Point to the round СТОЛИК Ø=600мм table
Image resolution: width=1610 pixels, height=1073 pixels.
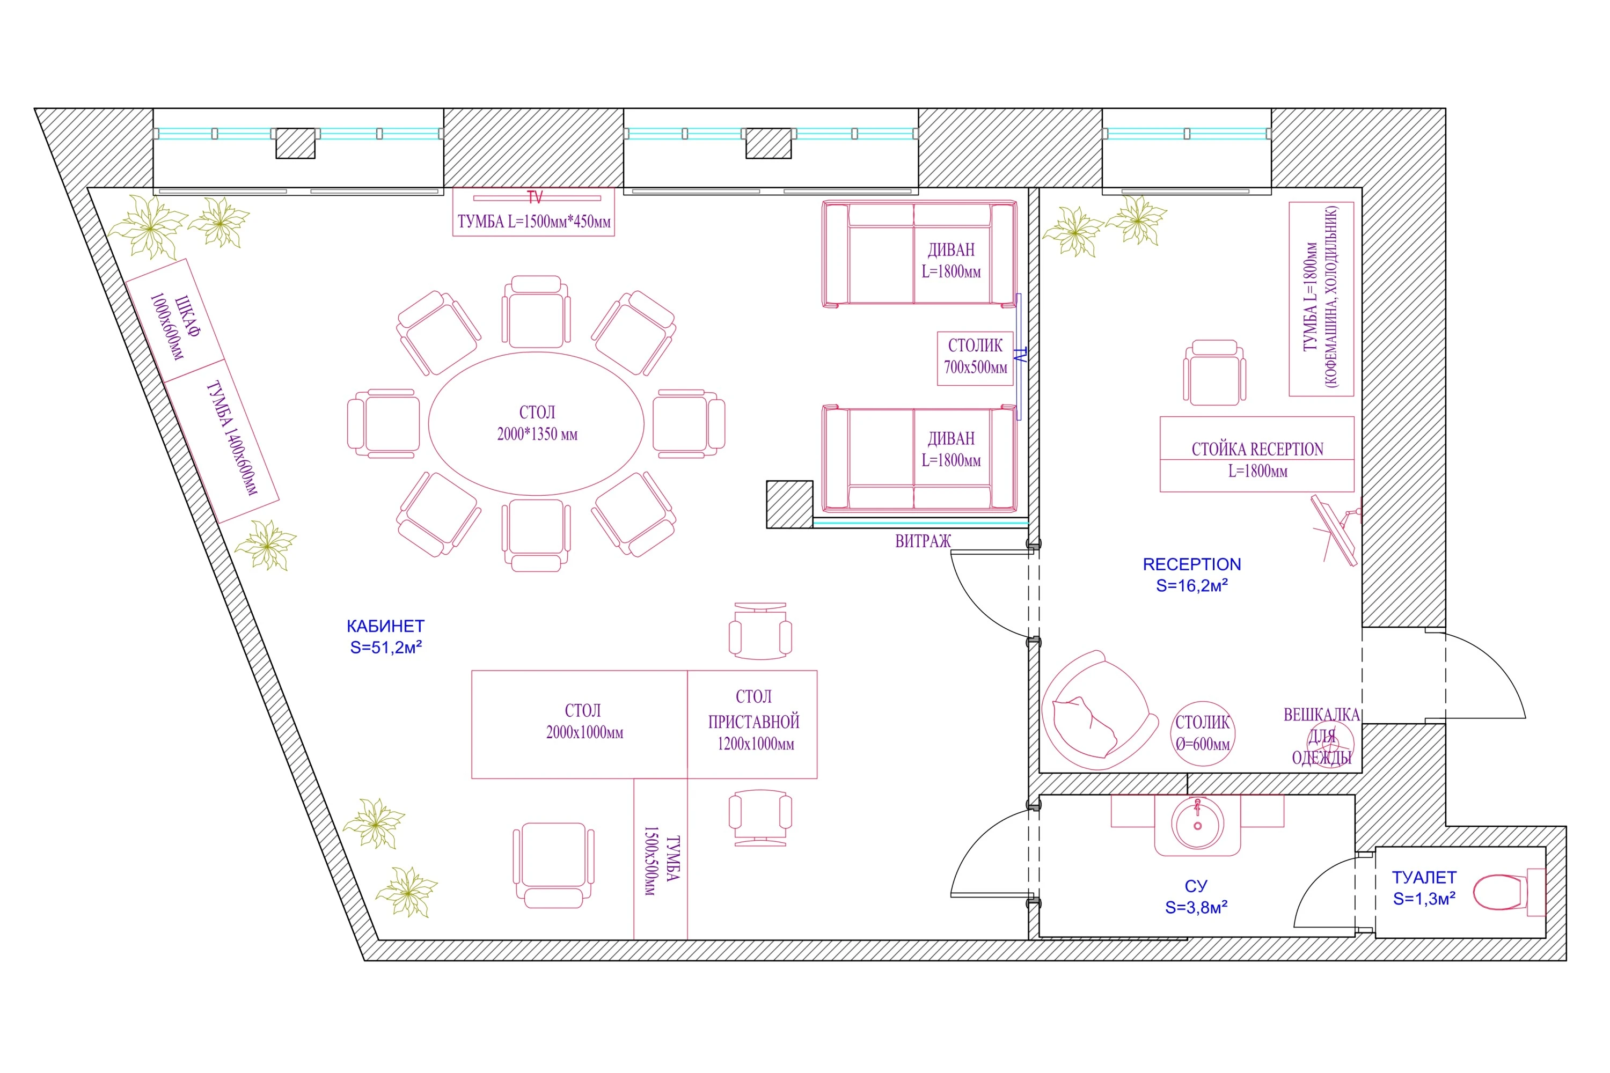pos(1202,733)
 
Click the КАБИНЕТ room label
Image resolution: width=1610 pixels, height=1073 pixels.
pos(385,636)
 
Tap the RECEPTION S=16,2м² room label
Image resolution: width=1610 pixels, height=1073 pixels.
pos(1192,574)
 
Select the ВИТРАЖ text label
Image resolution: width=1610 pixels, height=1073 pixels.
pos(923,541)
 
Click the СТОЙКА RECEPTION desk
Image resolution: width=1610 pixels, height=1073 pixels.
pos(1257,454)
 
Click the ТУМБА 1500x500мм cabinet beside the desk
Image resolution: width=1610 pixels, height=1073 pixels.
pos(661,859)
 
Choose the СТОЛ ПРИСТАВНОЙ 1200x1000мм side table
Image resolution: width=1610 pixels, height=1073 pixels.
pos(752,724)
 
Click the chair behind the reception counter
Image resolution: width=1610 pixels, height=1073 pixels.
pos(1214,372)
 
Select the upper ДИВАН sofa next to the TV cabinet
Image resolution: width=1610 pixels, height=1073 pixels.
pos(919,253)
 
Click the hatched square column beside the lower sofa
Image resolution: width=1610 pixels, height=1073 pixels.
pos(789,504)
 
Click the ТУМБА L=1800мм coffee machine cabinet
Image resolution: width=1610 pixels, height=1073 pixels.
pos(1321,299)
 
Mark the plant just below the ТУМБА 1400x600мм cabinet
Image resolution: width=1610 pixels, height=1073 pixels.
pos(266,545)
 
